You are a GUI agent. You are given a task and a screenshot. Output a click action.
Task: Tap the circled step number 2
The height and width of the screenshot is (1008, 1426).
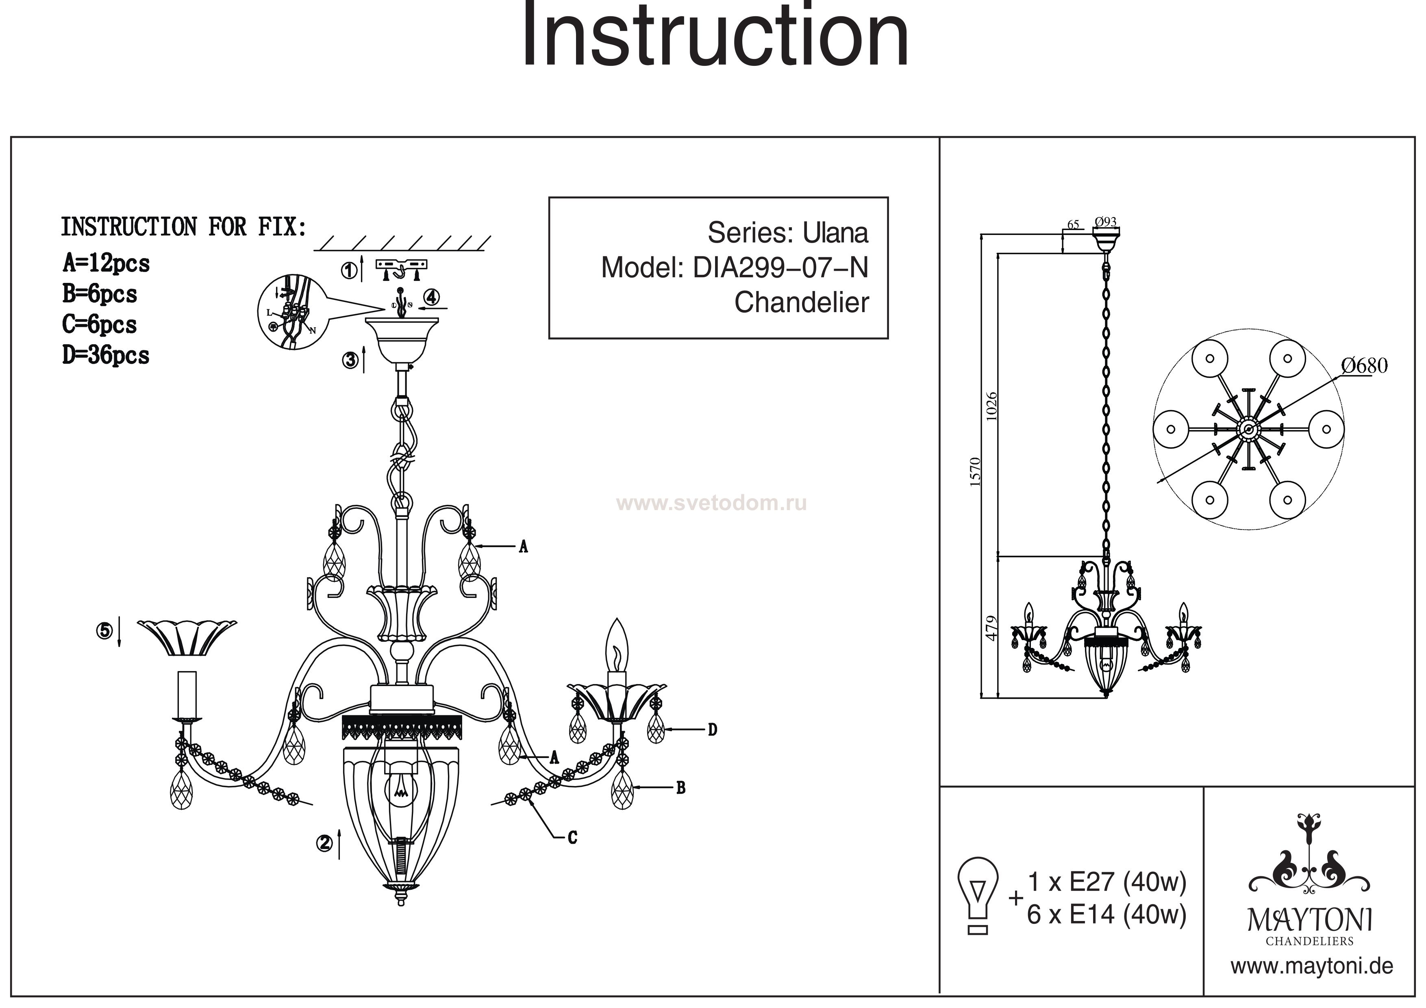324,843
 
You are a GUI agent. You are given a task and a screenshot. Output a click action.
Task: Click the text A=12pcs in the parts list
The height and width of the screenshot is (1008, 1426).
106,264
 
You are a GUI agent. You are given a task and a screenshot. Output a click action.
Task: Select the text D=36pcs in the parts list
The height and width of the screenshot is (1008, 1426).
106,356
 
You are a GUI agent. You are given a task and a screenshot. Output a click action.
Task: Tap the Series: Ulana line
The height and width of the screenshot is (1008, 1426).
787,233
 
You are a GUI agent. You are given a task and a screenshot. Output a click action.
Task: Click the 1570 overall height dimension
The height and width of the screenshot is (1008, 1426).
975,471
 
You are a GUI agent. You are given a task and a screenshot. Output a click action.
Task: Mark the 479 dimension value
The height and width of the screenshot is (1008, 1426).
992,628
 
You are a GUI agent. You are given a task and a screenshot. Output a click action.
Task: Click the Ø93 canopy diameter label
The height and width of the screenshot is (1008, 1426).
1106,222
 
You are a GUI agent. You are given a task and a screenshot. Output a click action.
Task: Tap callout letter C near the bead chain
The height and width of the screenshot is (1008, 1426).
573,838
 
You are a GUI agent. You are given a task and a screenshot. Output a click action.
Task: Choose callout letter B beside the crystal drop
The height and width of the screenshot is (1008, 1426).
681,788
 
